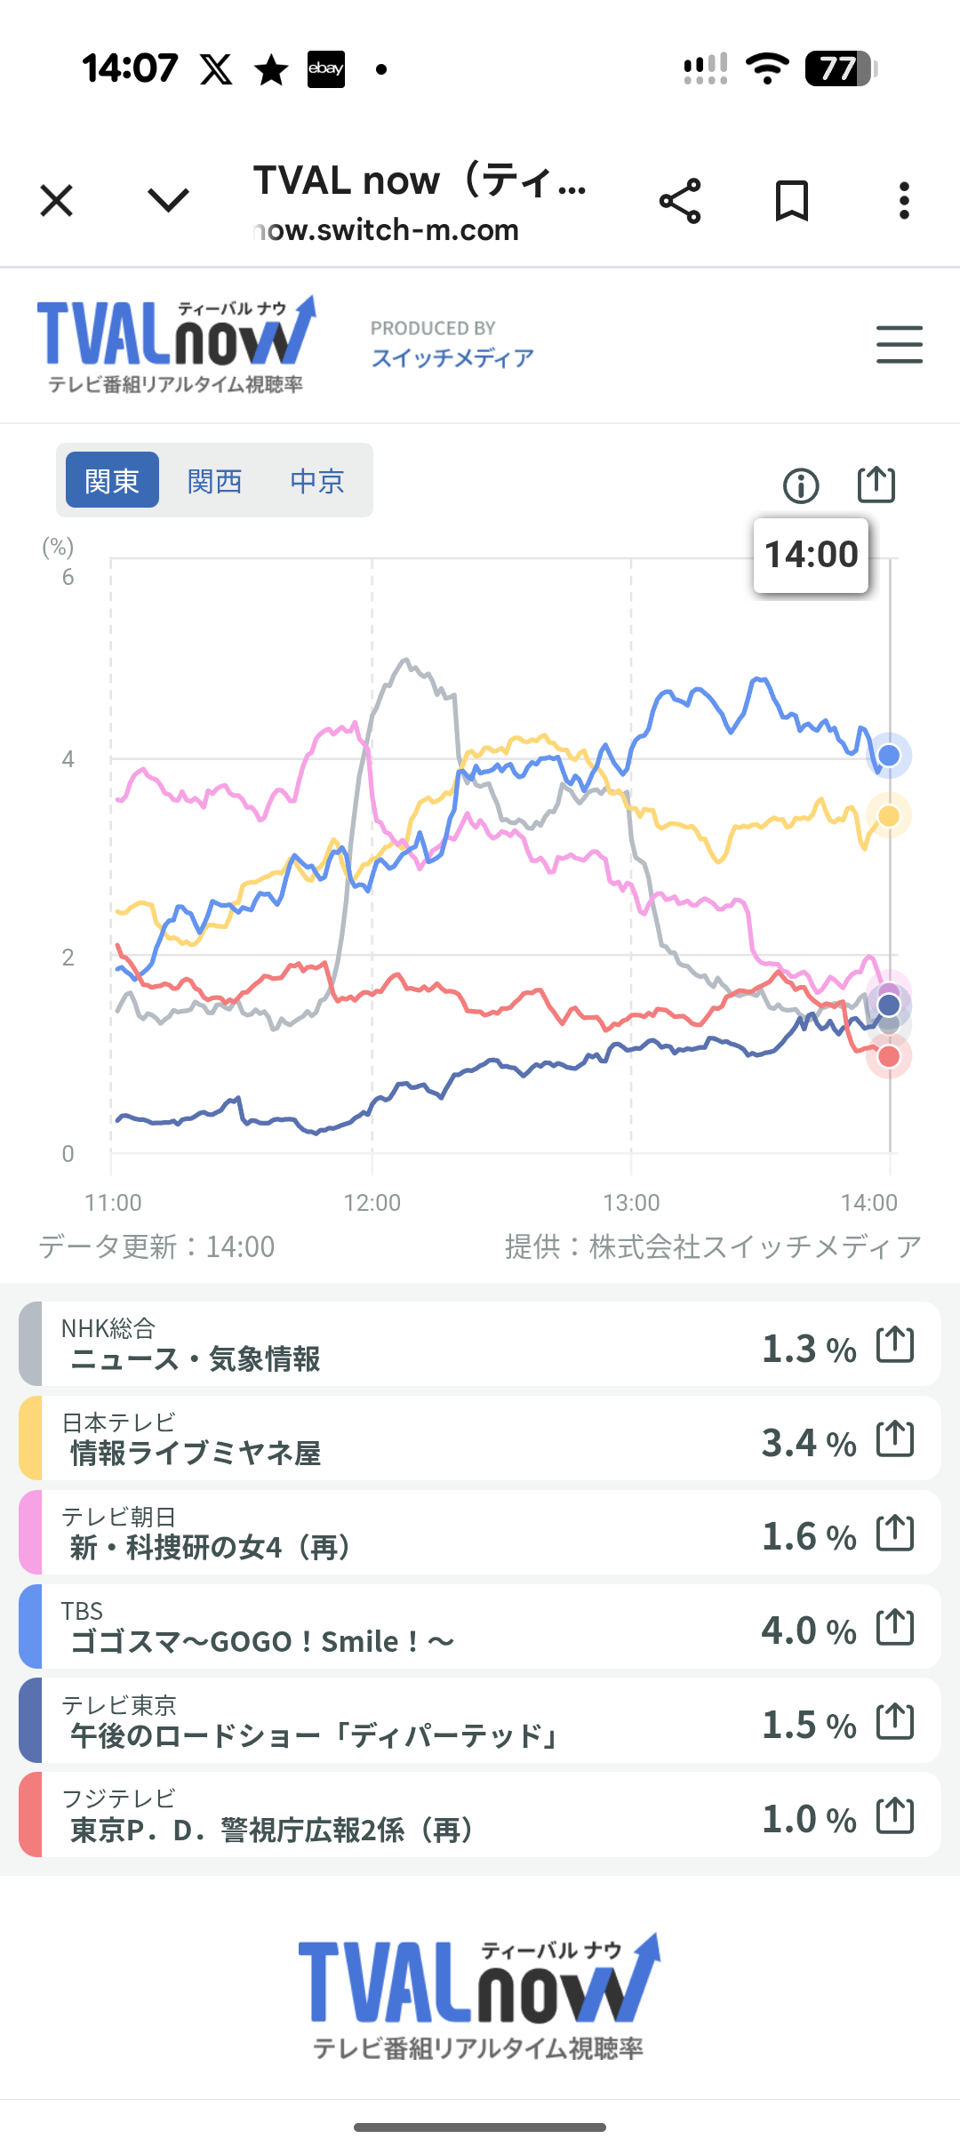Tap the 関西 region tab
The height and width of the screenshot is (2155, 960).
point(214,481)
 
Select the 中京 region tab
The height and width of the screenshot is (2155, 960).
point(316,481)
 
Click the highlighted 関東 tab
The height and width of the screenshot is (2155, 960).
point(112,481)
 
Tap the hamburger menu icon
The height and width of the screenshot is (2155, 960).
point(899,344)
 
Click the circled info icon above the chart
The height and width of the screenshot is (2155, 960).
point(801,485)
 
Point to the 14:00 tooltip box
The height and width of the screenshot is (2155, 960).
point(811,555)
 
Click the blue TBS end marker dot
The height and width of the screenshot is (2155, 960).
point(889,756)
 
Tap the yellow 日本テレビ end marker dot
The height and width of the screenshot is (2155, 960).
point(889,816)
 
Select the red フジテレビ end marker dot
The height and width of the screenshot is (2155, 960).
point(889,1056)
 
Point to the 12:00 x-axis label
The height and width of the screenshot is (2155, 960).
point(372,1203)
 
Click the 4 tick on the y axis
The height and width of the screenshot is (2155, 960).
point(68,759)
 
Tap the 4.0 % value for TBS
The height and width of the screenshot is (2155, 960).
point(808,1630)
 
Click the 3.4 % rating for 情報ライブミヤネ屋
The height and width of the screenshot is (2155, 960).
point(808,1442)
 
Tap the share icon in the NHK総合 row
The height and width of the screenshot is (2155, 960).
point(895,1344)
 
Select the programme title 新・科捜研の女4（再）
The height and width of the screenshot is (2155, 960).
point(210,1548)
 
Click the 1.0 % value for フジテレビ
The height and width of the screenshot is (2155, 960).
point(808,1819)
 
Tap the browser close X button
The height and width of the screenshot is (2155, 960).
point(57,201)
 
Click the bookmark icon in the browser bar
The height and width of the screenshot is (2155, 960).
point(791,201)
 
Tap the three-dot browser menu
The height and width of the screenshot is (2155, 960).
point(904,201)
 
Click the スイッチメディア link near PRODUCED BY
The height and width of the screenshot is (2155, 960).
point(452,357)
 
